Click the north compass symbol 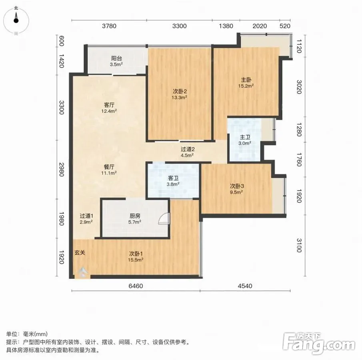16,20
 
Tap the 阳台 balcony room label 116,58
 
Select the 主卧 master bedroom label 246,80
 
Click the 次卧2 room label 180,92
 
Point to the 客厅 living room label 109,105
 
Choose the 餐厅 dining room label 109,167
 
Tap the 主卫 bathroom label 245,137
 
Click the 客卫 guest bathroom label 173,178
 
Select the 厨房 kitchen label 135,216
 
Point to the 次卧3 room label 237,186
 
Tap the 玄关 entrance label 80,253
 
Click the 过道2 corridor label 188,150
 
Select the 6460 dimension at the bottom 136,286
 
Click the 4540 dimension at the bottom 245,286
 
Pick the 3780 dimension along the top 109,26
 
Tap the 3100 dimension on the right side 299,246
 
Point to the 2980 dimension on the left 62,170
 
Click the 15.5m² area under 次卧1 136,260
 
